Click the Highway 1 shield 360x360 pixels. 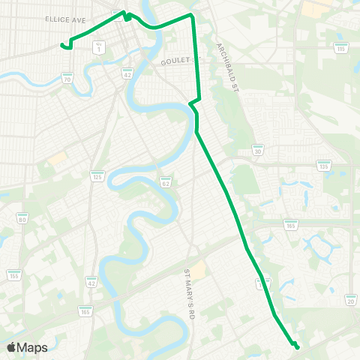click(98, 47)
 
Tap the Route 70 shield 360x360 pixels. click(67, 78)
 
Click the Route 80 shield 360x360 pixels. click(22, 219)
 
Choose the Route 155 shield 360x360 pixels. click(13, 275)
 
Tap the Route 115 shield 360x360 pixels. click(340, 48)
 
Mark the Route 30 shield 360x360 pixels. click(257, 150)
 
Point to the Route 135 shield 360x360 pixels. click(324, 166)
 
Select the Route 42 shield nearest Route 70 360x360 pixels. click(127, 73)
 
